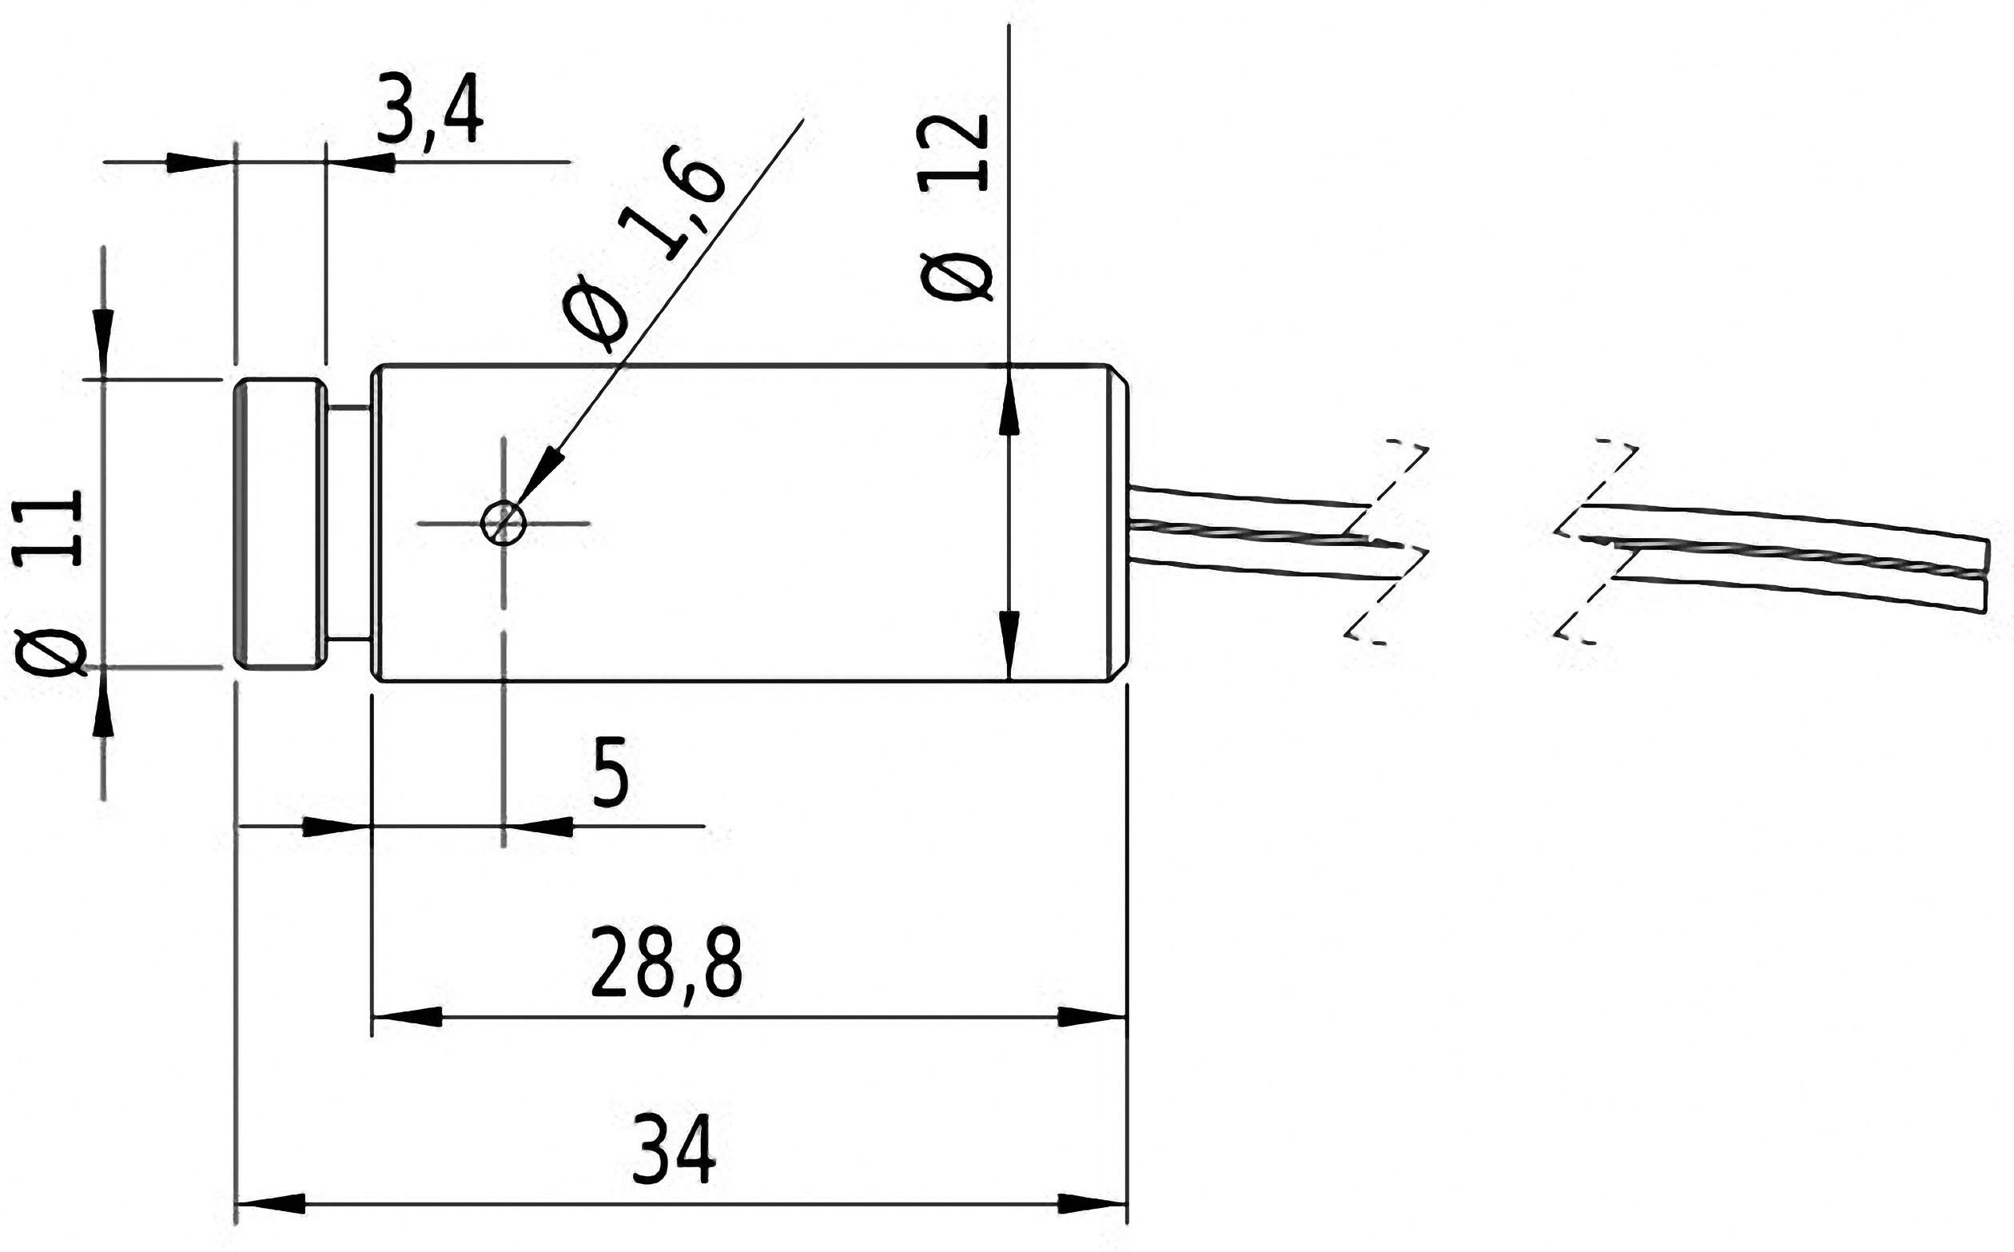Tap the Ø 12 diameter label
coord(956,206)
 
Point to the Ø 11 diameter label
coord(49,583)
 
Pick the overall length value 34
coord(673,1151)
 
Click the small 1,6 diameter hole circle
coord(504,523)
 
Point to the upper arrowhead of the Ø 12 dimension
coord(1009,410)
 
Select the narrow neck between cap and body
coord(349,523)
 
